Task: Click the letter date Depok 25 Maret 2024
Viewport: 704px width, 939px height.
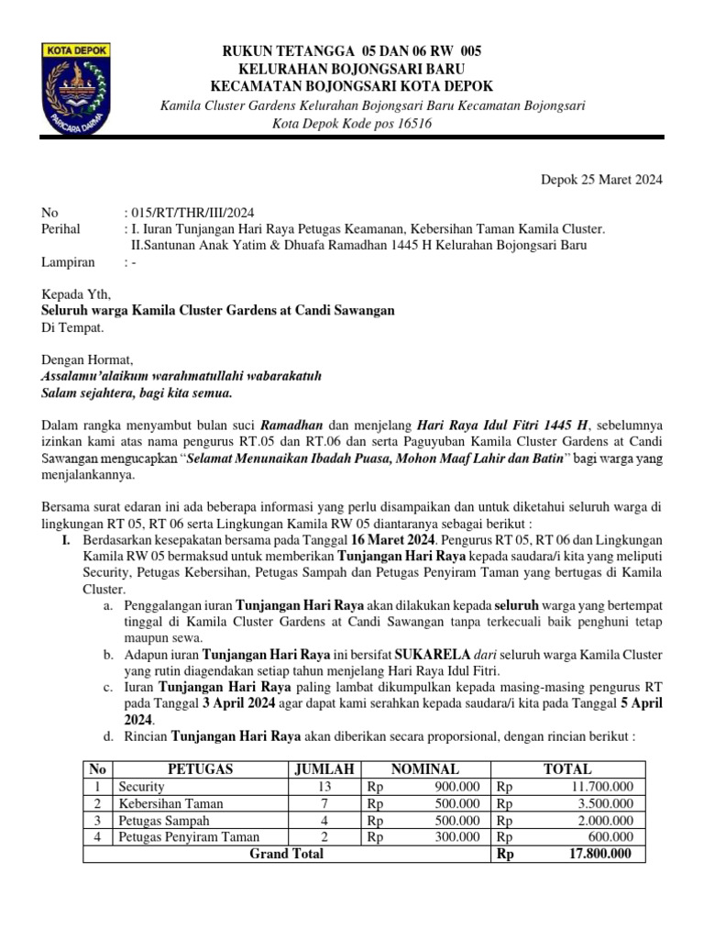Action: [600, 180]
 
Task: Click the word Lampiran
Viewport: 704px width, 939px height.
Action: [68, 261]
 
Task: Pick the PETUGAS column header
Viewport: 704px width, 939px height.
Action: [200, 769]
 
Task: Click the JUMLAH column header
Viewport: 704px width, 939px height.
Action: [324, 769]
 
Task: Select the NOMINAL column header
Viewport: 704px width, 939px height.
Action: [425, 769]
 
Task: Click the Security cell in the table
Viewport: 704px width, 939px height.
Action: [141, 787]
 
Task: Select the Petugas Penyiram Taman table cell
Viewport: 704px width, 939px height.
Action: [189, 836]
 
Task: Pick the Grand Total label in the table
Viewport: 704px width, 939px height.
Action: [287, 854]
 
